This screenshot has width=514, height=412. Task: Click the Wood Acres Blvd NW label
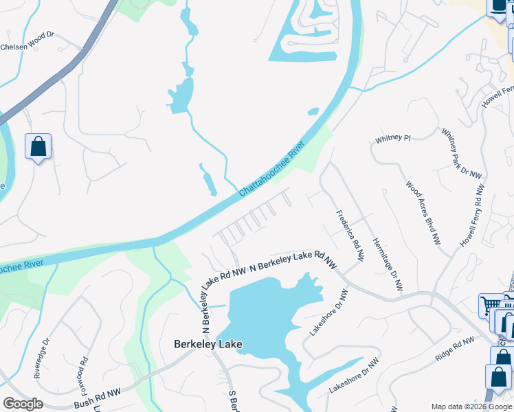(423, 213)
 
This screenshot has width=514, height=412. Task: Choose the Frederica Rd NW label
(350, 236)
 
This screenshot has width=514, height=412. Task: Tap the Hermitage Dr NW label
(386, 264)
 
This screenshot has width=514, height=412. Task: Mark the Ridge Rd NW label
(454, 349)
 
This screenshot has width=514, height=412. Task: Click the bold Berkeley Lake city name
(208, 344)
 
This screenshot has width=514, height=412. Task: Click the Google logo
(23, 404)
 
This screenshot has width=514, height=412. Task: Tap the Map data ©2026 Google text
(471, 407)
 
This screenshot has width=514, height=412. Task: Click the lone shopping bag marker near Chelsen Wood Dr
(38, 147)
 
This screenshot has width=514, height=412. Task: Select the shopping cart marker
(491, 306)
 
